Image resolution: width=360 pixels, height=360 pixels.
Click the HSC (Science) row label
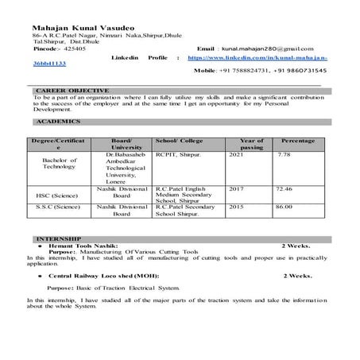56,194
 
